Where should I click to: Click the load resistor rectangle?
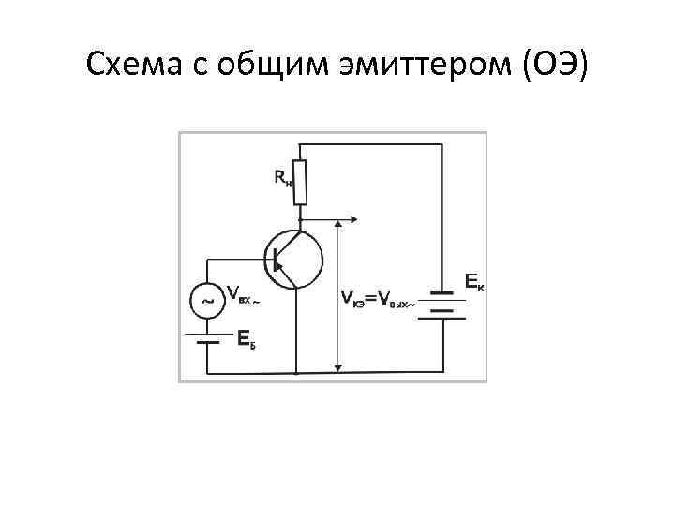click(x=300, y=181)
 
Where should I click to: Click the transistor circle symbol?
click(x=294, y=257)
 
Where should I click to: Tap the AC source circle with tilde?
click(x=206, y=302)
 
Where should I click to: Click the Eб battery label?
click(x=246, y=338)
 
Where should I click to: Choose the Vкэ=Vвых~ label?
click(x=376, y=299)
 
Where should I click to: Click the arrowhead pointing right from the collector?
click(x=352, y=220)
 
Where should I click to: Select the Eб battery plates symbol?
click(x=206, y=335)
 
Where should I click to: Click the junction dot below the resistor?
click(x=300, y=220)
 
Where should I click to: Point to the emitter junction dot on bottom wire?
click(x=296, y=372)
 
